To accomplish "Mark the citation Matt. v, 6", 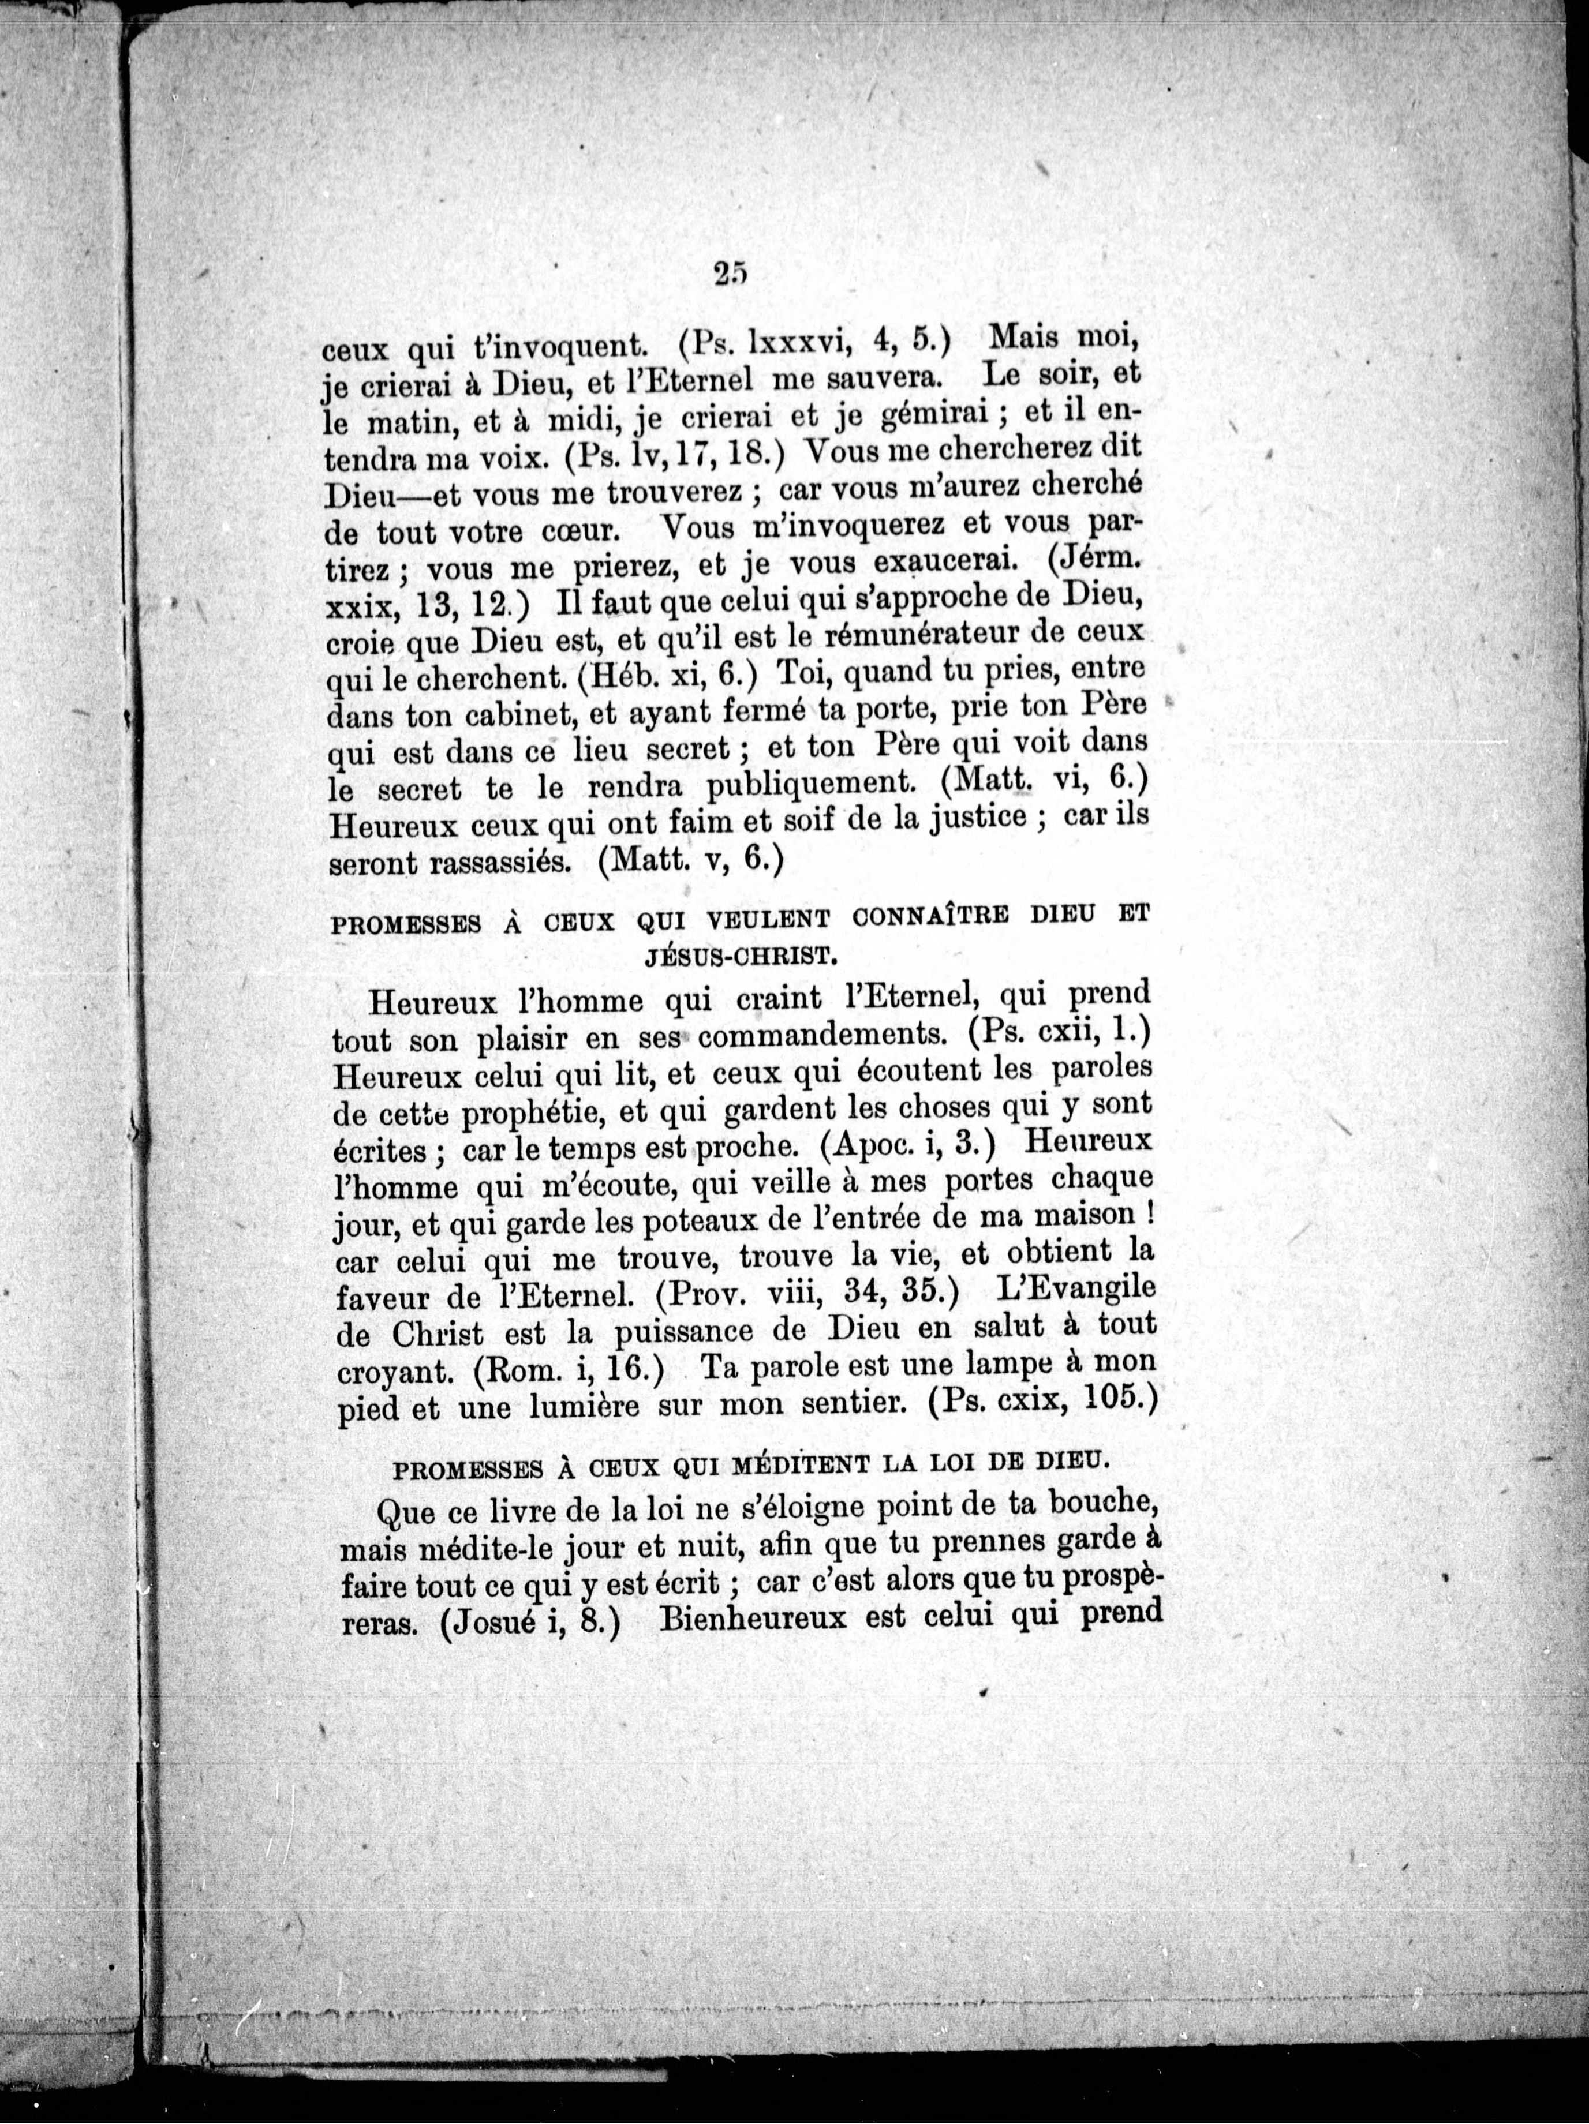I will (690, 859).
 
